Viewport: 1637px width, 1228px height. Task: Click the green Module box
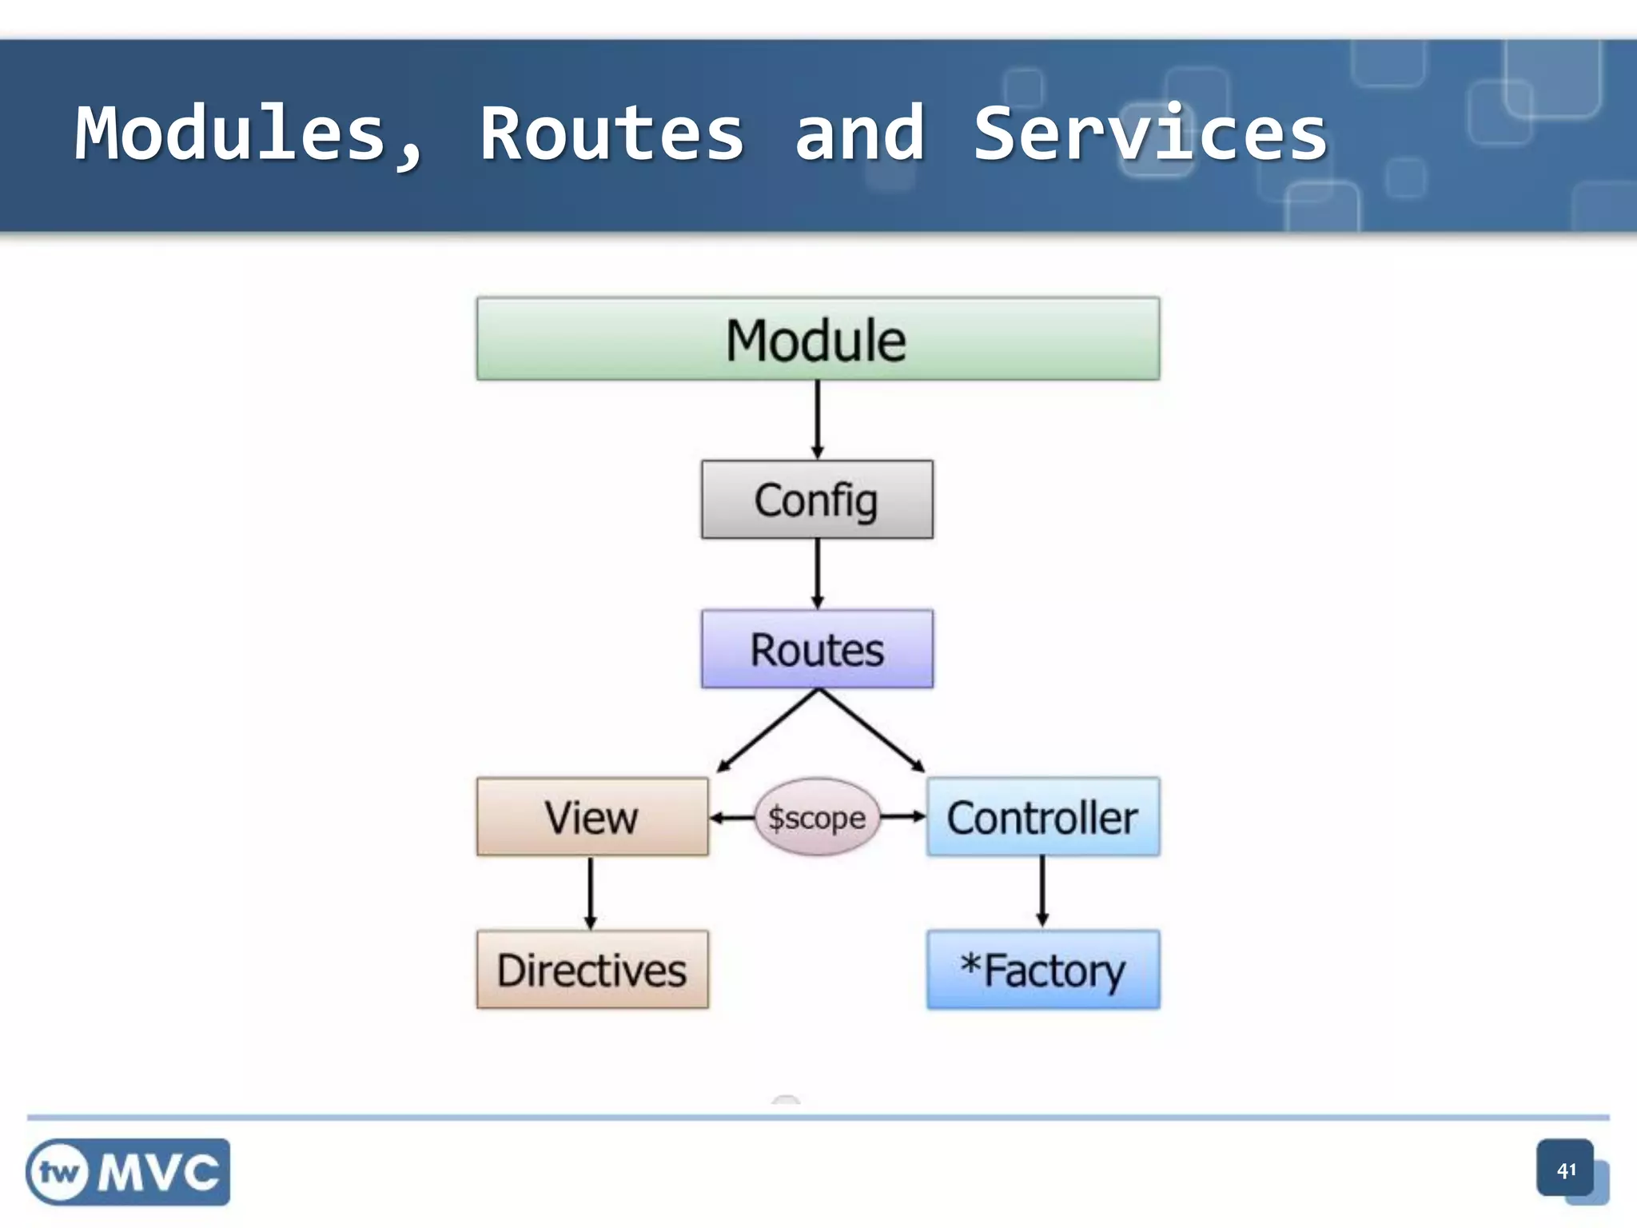point(818,339)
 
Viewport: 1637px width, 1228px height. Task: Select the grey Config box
point(817,500)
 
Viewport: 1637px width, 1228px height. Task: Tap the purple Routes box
point(817,649)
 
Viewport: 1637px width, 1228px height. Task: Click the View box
point(591,817)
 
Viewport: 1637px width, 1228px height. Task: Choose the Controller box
point(1042,817)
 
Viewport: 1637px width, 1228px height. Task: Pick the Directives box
point(591,970)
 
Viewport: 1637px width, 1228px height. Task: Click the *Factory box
point(1042,970)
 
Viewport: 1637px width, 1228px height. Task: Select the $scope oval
point(817,817)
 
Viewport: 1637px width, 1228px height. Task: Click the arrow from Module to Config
point(817,419)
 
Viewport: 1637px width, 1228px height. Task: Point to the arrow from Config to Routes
point(817,573)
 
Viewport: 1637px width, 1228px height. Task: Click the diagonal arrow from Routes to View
point(767,731)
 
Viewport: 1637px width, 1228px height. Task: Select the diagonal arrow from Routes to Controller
point(871,731)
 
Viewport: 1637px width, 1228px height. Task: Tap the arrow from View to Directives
point(591,892)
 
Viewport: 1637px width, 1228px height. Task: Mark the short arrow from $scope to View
point(731,817)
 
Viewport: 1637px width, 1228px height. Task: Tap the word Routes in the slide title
point(611,134)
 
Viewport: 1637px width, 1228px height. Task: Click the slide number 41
point(1566,1170)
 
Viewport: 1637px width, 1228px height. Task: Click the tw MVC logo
point(128,1172)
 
